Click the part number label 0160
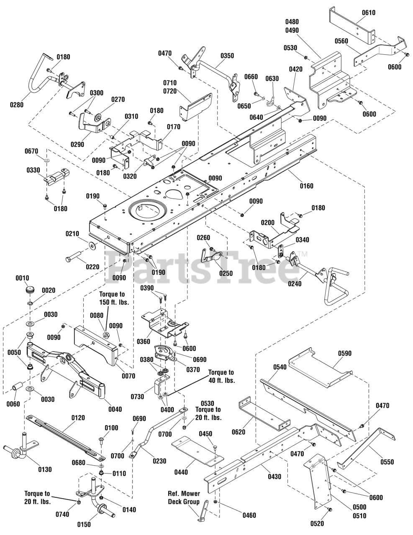pos(307,186)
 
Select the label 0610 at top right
pos(368,13)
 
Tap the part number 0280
pos(17,105)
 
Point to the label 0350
pos(227,56)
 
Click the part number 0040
pos(115,409)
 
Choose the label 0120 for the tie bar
pos(78,418)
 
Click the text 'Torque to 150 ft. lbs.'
pos(114,298)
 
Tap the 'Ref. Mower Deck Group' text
pos(184,499)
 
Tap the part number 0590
pos(344,353)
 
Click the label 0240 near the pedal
pos(295,284)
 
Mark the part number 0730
pos(138,397)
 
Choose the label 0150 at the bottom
pos(84,525)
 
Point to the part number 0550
pos(387,462)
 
